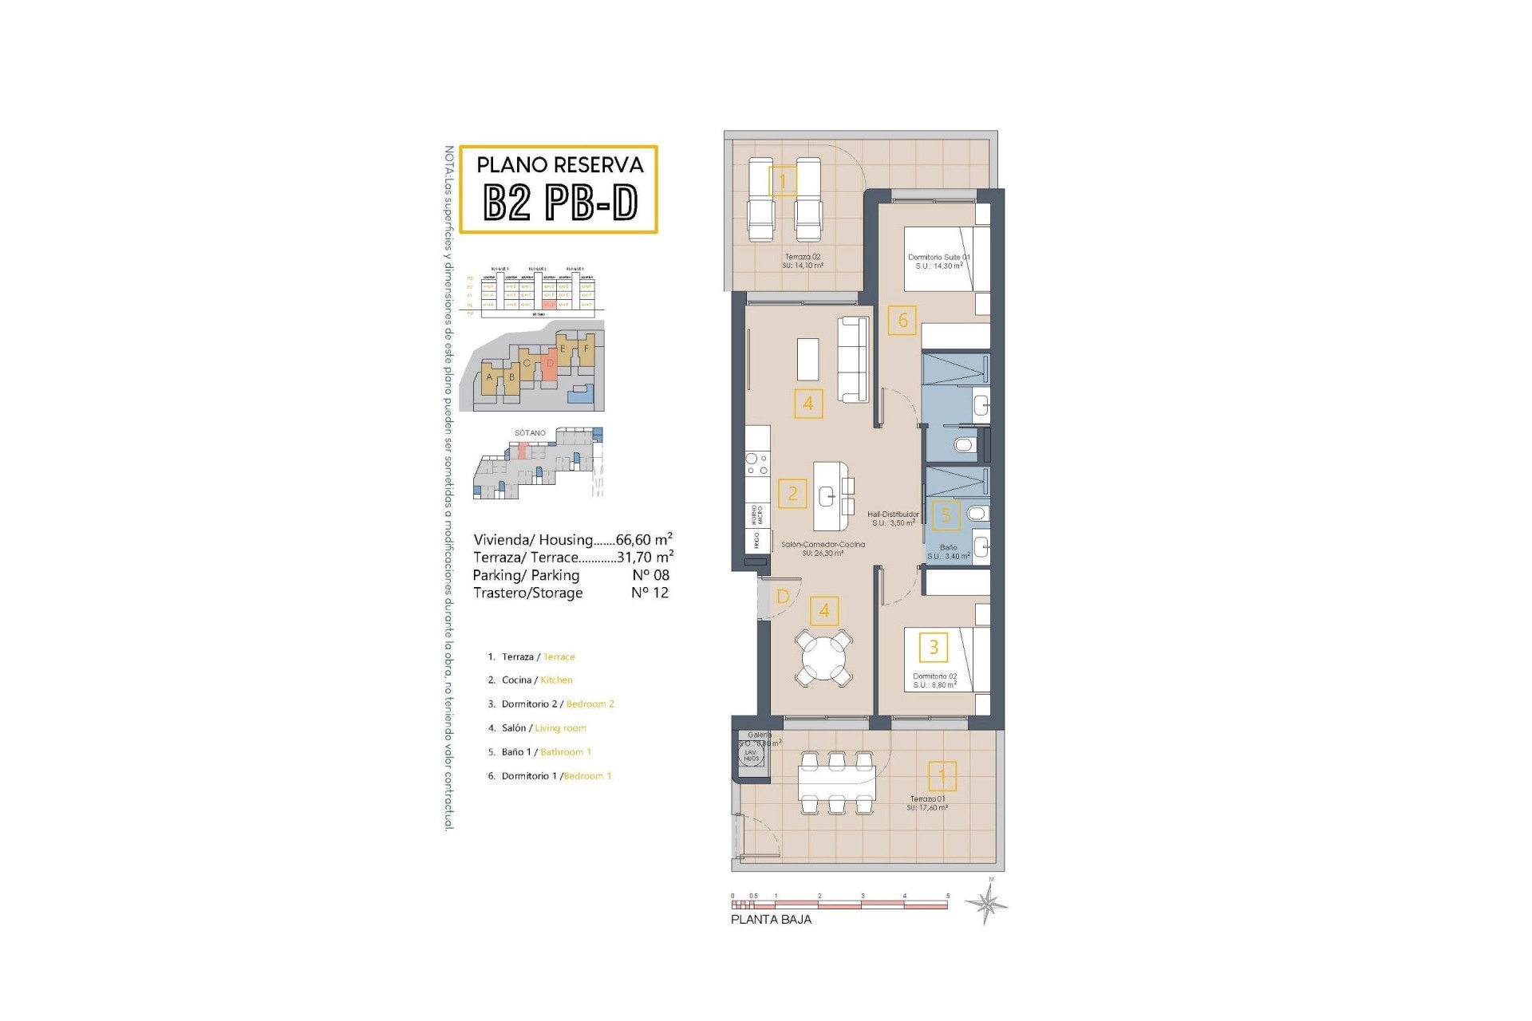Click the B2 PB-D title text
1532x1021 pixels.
(x=560, y=203)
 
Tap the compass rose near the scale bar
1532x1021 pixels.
(x=987, y=904)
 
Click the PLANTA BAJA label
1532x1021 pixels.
(x=771, y=919)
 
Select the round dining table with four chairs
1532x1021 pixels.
(x=824, y=657)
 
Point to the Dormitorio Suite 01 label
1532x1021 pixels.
(x=939, y=257)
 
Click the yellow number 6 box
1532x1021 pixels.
(x=902, y=321)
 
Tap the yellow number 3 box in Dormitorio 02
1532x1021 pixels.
(x=934, y=647)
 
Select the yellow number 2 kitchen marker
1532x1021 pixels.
(x=792, y=494)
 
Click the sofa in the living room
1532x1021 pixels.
(x=853, y=360)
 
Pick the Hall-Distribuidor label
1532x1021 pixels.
(x=893, y=514)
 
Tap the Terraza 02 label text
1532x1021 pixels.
(x=802, y=257)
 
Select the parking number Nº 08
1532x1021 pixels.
(x=650, y=575)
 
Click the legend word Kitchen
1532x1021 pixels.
(x=556, y=680)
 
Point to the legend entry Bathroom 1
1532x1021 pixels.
(x=565, y=752)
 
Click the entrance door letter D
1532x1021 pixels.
(x=783, y=597)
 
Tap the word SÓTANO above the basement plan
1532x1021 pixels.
(x=530, y=433)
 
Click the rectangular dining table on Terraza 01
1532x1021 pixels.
(x=836, y=783)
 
